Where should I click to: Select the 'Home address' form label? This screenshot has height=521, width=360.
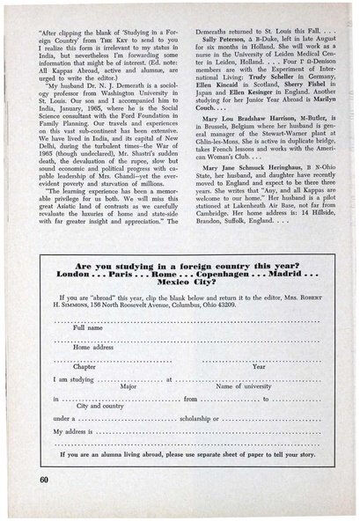(93, 347)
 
